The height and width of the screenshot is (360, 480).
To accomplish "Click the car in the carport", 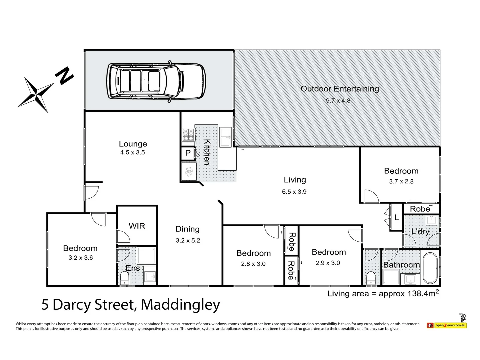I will pyautogui.click(x=156, y=81).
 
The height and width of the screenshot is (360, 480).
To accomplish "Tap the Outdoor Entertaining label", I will pyautogui.click(x=340, y=89).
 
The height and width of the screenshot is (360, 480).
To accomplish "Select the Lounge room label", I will pyautogui.click(x=133, y=144).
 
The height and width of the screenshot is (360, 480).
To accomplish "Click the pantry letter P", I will pyautogui.click(x=188, y=154).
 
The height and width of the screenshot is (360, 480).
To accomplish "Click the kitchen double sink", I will pyautogui.click(x=225, y=137).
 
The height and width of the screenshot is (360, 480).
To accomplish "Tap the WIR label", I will pyautogui.click(x=137, y=226).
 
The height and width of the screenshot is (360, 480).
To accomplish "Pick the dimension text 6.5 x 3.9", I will pyautogui.click(x=294, y=192).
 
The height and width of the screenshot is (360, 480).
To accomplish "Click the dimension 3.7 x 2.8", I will pyautogui.click(x=401, y=181).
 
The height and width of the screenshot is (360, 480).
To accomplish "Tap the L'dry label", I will pyautogui.click(x=420, y=231).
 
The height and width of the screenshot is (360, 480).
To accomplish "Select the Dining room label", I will pyautogui.click(x=187, y=229).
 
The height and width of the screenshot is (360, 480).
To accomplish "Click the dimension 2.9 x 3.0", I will pyautogui.click(x=328, y=263).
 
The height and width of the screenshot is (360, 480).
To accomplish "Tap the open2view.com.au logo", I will pyautogui.click(x=447, y=325).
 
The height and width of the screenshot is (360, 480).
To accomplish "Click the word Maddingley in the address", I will pyautogui.click(x=180, y=304).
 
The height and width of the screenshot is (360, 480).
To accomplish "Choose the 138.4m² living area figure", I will pyautogui.click(x=422, y=293).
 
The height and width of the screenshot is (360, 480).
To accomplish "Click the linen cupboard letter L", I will pyautogui.click(x=396, y=218).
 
